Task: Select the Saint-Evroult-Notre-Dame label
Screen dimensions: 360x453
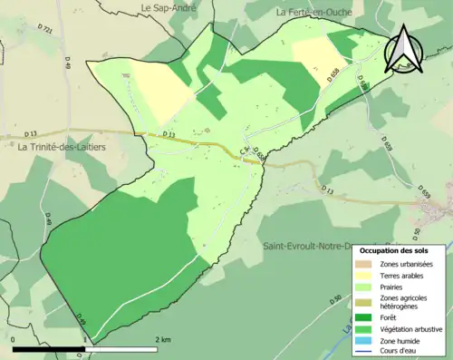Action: click(x=308, y=246)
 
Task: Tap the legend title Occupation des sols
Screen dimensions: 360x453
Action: click(x=400, y=250)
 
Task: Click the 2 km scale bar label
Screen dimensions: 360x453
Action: click(x=164, y=339)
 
